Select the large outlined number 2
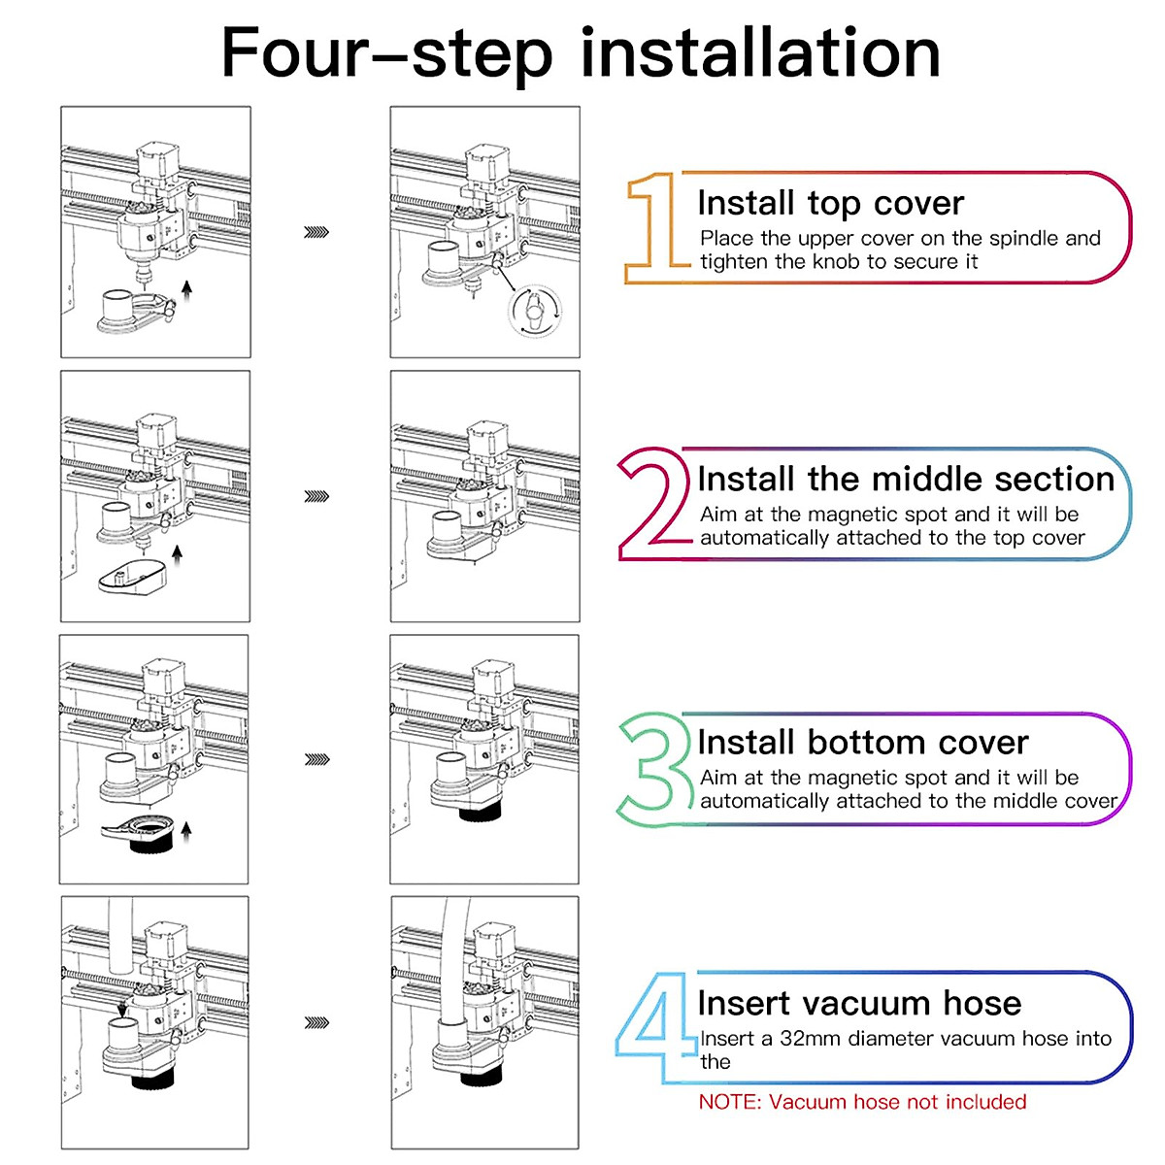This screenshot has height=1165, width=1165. pyautogui.click(x=655, y=504)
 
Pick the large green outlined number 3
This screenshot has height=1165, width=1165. pyautogui.click(x=655, y=768)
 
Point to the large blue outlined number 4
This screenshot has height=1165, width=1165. pyautogui.click(x=655, y=1028)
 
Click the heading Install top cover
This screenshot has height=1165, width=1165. pyautogui.click(x=831, y=203)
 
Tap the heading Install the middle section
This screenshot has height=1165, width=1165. pyautogui.click(x=906, y=479)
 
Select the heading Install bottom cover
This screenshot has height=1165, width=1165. pyautogui.click(x=863, y=742)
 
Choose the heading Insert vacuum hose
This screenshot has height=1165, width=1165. pyautogui.click(x=859, y=1003)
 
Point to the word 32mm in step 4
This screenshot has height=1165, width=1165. pyautogui.click(x=809, y=1038)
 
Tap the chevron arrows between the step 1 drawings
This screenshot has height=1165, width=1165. pyautogui.click(x=316, y=232)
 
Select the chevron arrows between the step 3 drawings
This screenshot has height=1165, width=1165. pyautogui.click(x=316, y=759)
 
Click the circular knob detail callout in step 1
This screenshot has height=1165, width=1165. pyautogui.click(x=534, y=310)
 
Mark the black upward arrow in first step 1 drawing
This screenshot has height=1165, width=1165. pyautogui.click(x=186, y=290)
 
